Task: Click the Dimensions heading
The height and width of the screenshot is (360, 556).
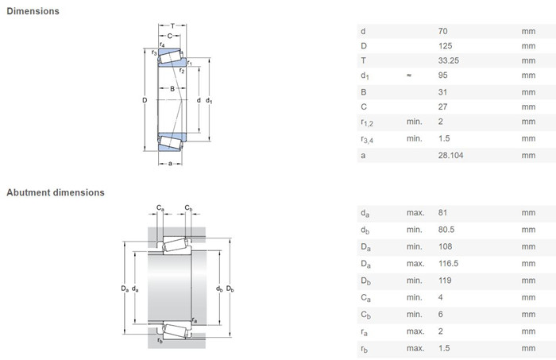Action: [33, 11]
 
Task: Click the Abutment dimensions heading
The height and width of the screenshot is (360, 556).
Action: [56, 192]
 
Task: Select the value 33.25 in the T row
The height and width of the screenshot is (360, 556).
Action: [449, 60]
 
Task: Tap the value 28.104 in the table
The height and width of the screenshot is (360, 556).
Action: [450, 155]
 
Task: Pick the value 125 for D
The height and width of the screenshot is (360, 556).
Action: [445, 46]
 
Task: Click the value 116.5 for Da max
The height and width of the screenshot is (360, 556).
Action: [448, 264]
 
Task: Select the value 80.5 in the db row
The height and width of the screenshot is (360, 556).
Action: [446, 230]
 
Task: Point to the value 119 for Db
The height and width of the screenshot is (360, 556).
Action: [445, 281]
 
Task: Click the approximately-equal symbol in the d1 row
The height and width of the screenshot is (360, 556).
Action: [409, 75]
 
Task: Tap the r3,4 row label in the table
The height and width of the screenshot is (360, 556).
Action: [367, 139]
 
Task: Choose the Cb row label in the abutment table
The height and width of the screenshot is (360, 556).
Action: [366, 315]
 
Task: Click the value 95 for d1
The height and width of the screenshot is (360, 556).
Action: [443, 75]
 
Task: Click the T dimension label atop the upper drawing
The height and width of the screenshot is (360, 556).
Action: [172, 26]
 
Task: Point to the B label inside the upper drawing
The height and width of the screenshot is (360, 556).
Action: [172, 89]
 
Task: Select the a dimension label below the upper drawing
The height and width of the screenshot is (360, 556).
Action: [170, 164]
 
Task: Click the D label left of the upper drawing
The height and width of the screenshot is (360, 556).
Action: [145, 100]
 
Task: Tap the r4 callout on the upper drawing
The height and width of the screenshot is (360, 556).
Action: [162, 45]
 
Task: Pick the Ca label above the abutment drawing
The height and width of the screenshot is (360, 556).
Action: [160, 208]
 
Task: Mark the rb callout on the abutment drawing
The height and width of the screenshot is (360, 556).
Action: [160, 340]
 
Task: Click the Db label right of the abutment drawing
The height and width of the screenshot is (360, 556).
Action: [230, 288]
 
